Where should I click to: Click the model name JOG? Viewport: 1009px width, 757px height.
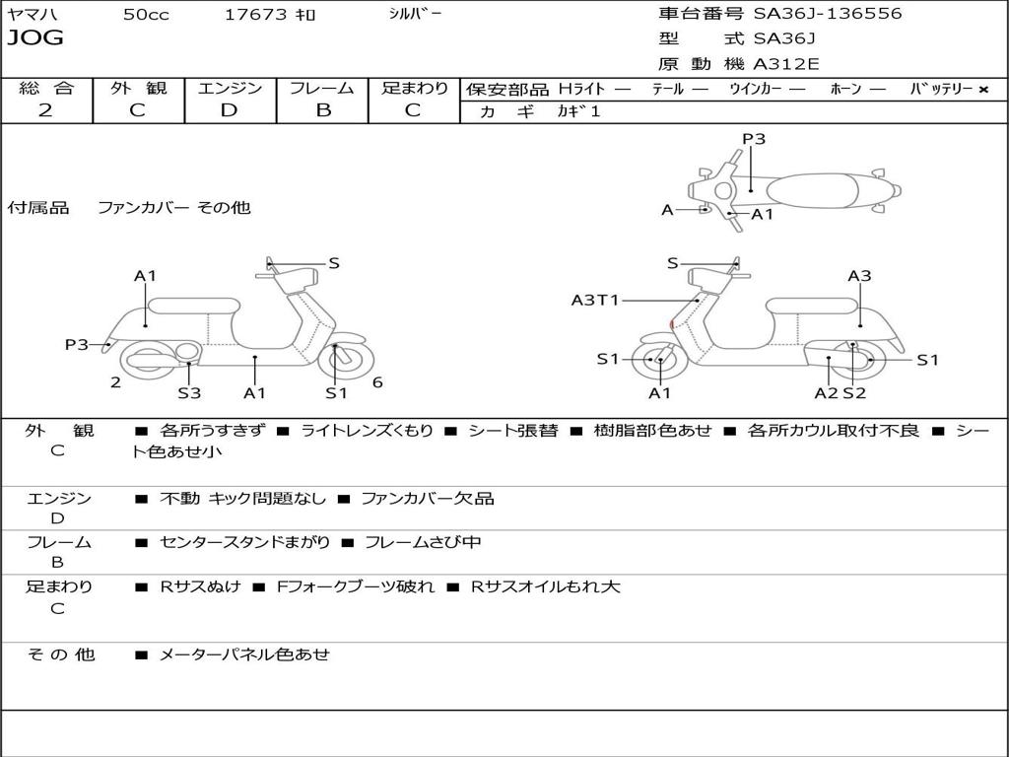pyautogui.click(x=35, y=38)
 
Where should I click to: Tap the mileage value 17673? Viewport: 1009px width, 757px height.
pyautogui.click(x=256, y=15)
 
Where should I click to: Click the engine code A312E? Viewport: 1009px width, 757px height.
pyautogui.click(x=785, y=65)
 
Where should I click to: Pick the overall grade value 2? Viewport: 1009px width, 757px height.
pyautogui.click(x=45, y=110)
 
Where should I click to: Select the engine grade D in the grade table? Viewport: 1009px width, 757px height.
pyautogui.click(x=230, y=110)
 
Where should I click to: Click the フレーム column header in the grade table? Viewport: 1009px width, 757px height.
pyautogui.click(x=322, y=88)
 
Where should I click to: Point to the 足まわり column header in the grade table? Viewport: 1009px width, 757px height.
pyautogui.click(x=415, y=88)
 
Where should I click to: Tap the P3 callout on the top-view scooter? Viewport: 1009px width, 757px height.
pyautogui.click(x=754, y=139)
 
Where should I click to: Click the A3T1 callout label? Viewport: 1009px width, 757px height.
pyautogui.click(x=595, y=300)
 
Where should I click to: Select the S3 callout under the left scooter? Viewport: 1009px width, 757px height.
pyautogui.click(x=189, y=393)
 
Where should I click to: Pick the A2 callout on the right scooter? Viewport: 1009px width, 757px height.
pyautogui.click(x=826, y=393)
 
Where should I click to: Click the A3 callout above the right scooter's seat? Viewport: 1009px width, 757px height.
pyautogui.click(x=859, y=276)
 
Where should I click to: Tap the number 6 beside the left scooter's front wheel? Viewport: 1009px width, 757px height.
pyautogui.click(x=377, y=382)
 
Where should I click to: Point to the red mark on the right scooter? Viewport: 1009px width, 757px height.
pyautogui.click(x=672, y=323)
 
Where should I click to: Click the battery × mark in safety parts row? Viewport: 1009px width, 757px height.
pyautogui.click(x=982, y=89)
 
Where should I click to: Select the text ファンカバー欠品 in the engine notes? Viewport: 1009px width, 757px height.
pyautogui.click(x=427, y=499)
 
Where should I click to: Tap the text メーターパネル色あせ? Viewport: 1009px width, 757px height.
pyautogui.click(x=243, y=654)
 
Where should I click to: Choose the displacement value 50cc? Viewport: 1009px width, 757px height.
pyautogui.click(x=146, y=15)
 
